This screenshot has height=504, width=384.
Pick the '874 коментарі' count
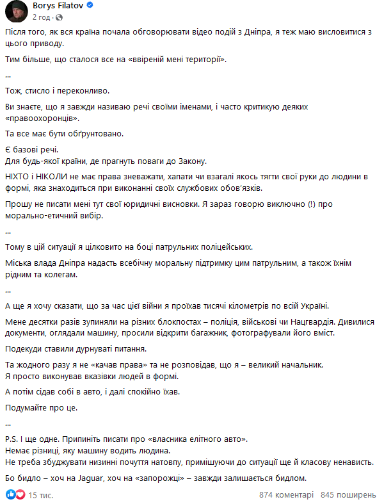[287, 495]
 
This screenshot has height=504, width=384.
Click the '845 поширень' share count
[348, 495]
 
